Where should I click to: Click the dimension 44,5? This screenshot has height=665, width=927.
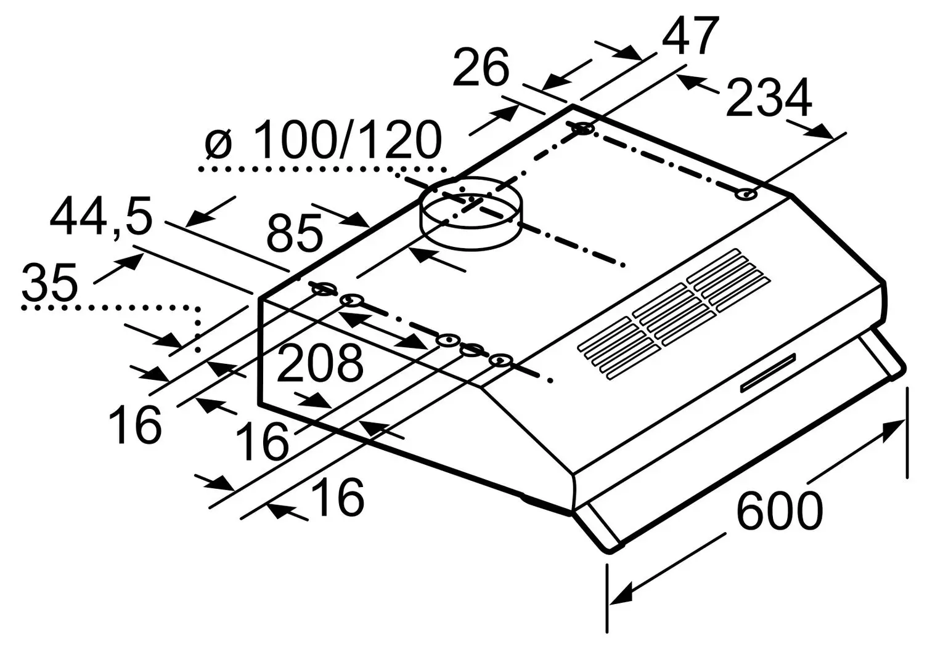point(100,217)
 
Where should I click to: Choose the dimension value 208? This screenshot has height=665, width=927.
point(319,363)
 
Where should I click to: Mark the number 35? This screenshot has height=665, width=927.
point(49,282)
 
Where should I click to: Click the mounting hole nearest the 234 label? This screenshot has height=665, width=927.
point(746,194)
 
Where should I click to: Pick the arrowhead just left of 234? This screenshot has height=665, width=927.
point(689,83)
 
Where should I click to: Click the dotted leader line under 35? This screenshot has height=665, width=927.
point(111,306)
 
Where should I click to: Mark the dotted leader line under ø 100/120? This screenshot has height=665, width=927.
point(321,168)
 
